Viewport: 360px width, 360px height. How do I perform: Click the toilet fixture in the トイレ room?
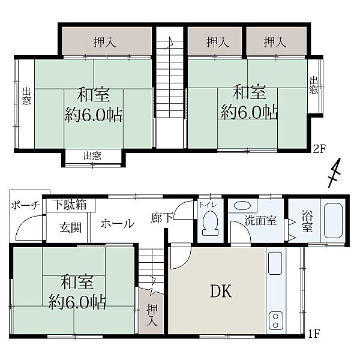tap(211, 223)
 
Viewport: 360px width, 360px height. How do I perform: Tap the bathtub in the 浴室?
tap(333, 221)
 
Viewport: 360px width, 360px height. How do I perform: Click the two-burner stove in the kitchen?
tap(276, 320)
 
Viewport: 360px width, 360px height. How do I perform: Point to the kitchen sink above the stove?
tap(275, 263)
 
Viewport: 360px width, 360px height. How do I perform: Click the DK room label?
tap(221, 291)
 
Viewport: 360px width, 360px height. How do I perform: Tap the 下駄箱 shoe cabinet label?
tap(70, 205)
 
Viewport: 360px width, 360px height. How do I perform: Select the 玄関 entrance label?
tap(70, 228)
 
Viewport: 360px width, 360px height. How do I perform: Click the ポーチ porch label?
tap(25, 205)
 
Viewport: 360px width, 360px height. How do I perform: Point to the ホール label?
tap(118, 223)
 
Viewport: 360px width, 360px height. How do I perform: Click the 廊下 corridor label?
tap(162, 218)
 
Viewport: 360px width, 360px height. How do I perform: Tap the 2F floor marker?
tap(319, 149)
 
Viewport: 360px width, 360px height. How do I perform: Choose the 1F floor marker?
tap(314, 334)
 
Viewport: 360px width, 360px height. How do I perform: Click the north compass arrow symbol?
tap(334, 173)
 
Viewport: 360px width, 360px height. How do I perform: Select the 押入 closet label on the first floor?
tap(152, 315)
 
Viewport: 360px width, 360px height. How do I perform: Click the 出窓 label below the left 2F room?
tap(92, 156)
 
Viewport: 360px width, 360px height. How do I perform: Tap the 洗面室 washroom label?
tap(260, 220)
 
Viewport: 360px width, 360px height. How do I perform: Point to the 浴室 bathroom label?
tap(307, 222)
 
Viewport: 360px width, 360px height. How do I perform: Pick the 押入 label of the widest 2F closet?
tap(104, 42)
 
